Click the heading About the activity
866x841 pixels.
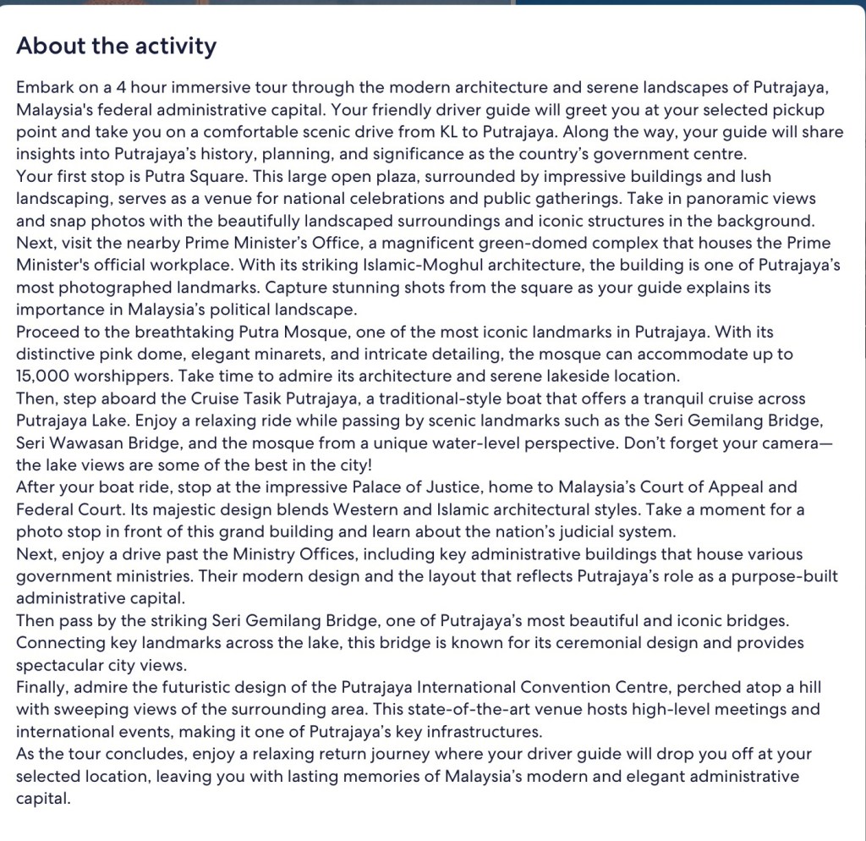point(116,46)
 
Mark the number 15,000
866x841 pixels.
point(46,375)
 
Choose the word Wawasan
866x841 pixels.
point(81,442)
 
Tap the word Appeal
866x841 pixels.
point(719,486)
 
